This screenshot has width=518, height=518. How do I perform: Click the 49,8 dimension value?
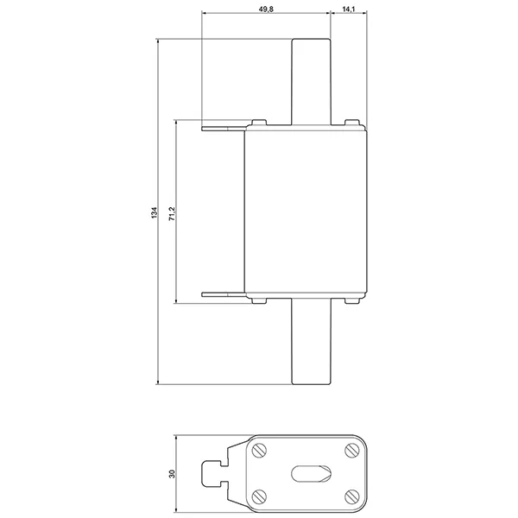pyautogui.click(x=266, y=9)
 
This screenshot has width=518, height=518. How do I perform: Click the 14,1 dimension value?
pyautogui.click(x=349, y=9)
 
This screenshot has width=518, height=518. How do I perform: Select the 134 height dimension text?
pyautogui.click(x=155, y=212)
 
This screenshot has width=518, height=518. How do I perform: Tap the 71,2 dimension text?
pyautogui.click(x=172, y=214)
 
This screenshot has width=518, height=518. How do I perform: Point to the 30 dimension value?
pyautogui.click(x=172, y=474)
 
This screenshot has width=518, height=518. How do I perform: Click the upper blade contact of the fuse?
pyautogui.click(x=311, y=82)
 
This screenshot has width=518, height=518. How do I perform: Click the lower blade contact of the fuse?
pyautogui.click(x=311, y=341)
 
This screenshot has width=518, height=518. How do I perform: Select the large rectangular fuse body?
pyautogui.click(x=306, y=212)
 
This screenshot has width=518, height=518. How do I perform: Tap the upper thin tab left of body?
pyautogui.click(x=224, y=128)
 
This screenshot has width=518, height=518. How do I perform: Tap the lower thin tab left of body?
pyautogui.click(x=224, y=294)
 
